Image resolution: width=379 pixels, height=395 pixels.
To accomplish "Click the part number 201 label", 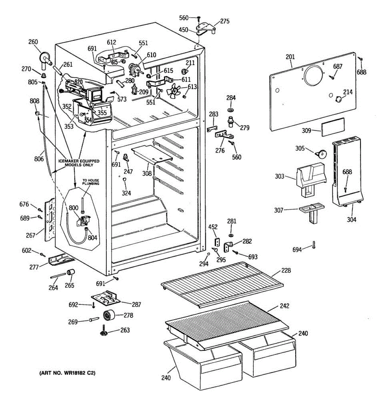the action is (290, 57).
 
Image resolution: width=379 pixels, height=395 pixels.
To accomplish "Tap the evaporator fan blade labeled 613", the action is (173, 91).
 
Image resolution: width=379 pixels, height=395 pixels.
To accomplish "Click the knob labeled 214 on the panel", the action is (338, 99).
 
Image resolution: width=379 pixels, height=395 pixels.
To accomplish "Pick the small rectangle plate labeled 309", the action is (333, 127).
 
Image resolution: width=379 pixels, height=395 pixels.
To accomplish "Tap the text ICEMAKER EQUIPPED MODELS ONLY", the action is (79, 163).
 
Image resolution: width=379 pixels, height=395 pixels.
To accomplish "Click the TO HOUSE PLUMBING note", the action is (91, 182).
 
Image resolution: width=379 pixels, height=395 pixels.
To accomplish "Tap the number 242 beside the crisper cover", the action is (285, 306).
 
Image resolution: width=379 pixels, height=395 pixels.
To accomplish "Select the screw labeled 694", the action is (314, 245).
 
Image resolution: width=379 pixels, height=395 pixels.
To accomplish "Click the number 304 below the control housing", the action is (351, 220).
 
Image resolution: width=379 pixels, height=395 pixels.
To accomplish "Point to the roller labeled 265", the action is (71, 272).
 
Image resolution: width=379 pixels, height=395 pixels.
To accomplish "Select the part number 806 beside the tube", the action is (39, 159).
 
